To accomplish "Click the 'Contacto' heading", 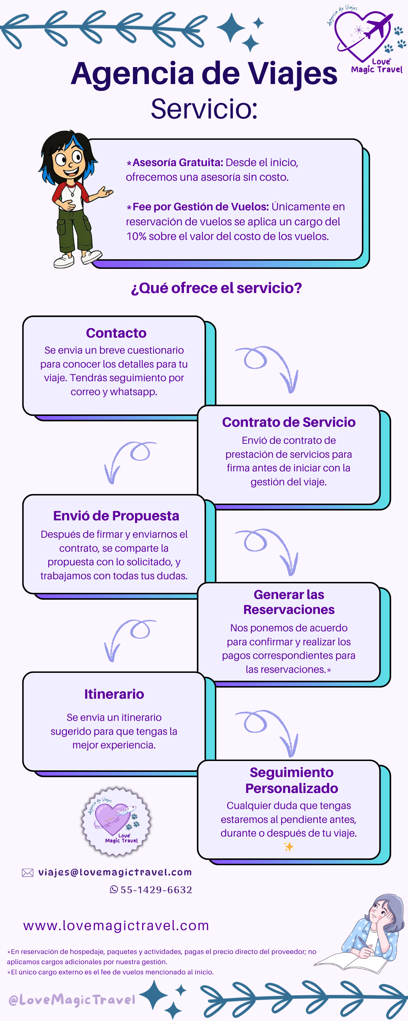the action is pos(116,333).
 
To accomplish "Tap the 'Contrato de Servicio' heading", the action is pos(289,422).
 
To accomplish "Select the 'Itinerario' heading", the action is pos(114,694).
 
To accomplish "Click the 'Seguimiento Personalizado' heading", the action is pos(291,780).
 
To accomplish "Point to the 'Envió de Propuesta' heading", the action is pos(116,516).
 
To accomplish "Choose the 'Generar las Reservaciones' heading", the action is pos(289,602).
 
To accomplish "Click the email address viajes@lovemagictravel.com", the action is pos(115,872).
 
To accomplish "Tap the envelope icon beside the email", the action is pos(27,872).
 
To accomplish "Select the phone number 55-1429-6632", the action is pos(156,890).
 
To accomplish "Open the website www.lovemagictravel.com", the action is pos(116,925).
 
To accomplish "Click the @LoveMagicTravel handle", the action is pos(72,1000).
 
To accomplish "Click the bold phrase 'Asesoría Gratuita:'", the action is pos(178,162).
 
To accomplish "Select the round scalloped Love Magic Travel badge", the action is pos(116,821).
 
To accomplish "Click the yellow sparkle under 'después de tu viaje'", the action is pos(288,847).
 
